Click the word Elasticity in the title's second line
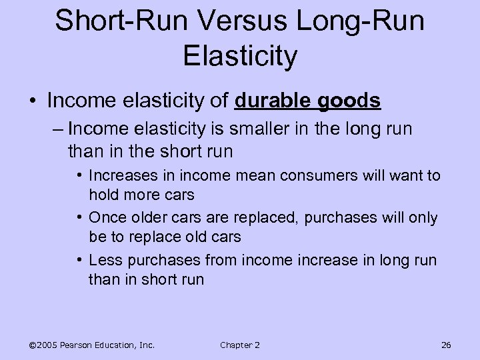(239, 56)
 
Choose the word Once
(106, 218)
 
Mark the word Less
(105, 260)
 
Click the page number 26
(447, 345)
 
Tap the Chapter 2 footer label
(239, 345)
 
